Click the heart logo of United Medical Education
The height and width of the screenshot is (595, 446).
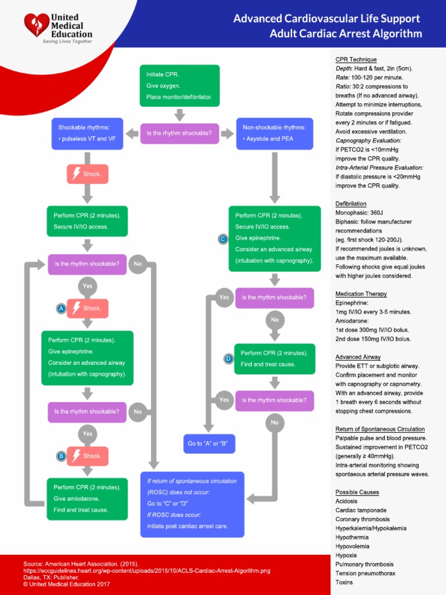[x=37, y=26]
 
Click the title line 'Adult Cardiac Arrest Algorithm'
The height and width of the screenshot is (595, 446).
[x=346, y=33]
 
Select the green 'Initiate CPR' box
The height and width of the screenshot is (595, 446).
[x=179, y=85]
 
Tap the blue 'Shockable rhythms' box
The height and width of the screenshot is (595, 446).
[x=87, y=134]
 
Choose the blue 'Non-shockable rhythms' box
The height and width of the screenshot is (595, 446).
[x=275, y=134]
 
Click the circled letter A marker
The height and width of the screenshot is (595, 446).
[x=60, y=309]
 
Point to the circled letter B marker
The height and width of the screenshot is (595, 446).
[x=60, y=457]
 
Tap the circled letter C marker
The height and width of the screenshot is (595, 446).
[x=222, y=239]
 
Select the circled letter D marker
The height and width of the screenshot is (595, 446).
[x=228, y=359]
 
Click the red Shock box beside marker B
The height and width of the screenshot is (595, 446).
[x=88, y=456]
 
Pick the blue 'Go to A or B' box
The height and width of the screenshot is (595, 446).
[x=210, y=444]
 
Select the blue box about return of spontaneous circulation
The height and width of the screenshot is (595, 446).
[x=192, y=504]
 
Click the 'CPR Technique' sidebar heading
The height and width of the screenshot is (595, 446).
[x=356, y=60]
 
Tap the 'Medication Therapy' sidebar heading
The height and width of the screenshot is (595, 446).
[x=361, y=294]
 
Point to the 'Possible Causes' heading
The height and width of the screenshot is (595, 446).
[x=357, y=492]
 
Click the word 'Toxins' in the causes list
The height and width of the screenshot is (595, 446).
[x=344, y=582]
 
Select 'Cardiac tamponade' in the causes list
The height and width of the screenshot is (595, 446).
[x=361, y=510]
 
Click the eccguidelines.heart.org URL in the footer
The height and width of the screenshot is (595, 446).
[x=146, y=571]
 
